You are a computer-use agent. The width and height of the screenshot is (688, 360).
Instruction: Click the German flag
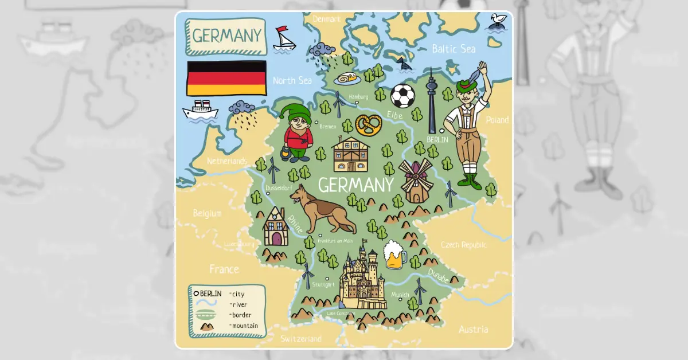click(226, 78)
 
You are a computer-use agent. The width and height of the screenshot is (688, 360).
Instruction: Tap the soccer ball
click(402, 96)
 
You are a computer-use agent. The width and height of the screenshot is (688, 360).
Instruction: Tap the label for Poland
click(497, 120)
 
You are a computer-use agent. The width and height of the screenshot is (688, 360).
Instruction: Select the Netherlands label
click(227, 161)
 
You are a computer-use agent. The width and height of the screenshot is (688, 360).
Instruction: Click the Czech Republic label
click(463, 245)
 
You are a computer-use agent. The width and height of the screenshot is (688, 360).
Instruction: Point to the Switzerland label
click(301, 339)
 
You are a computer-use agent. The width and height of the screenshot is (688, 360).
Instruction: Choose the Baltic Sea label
click(454, 49)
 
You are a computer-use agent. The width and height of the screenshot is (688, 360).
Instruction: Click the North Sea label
click(292, 80)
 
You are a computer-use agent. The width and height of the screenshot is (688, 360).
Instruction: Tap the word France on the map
click(224, 269)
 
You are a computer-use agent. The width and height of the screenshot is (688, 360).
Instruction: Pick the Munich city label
click(400, 295)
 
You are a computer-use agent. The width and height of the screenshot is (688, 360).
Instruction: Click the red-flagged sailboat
click(283, 38)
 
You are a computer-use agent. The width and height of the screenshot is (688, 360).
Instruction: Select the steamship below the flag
click(200, 109)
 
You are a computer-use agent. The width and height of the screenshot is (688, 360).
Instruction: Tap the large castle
click(362, 277)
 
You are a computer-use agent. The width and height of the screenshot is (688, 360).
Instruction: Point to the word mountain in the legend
click(245, 326)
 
